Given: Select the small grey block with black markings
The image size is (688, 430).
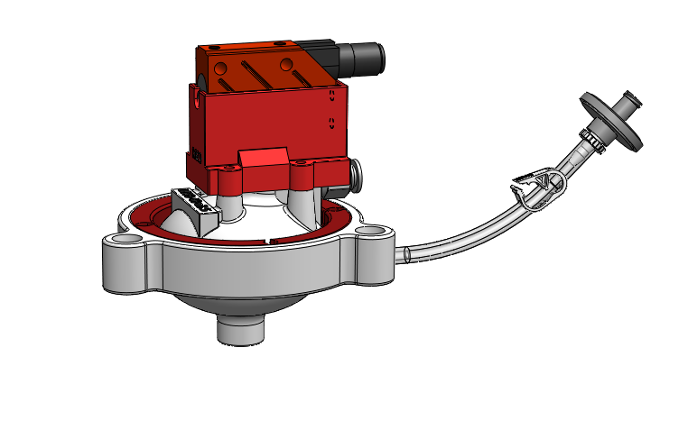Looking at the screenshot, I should pos(195,205).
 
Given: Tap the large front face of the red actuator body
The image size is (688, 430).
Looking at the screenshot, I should pos(271,122).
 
